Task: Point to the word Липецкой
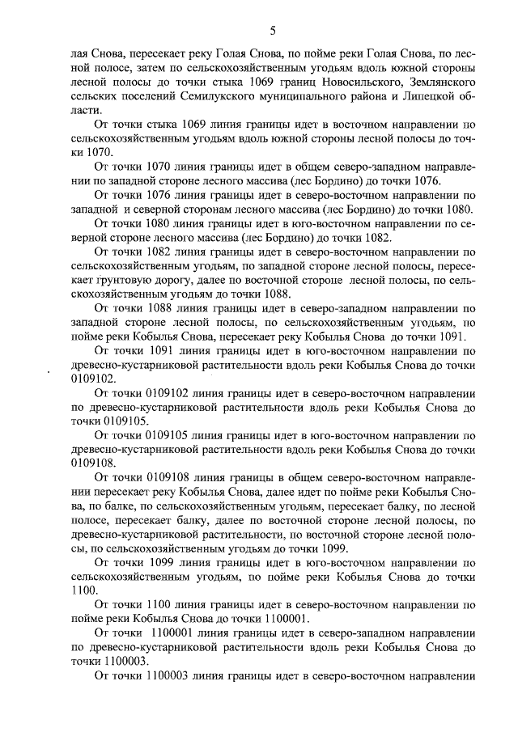[422, 96]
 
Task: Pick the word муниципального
[310, 96]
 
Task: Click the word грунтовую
[96, 279]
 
